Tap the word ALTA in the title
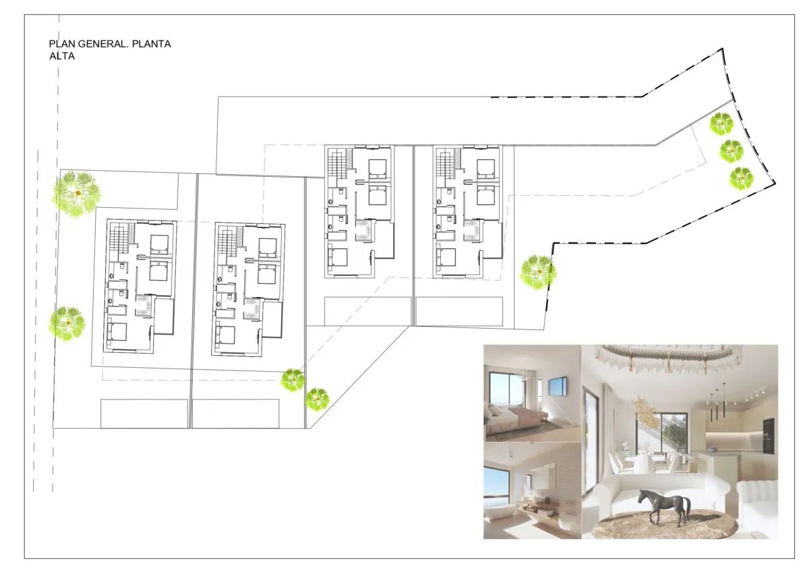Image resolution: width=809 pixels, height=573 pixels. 62,56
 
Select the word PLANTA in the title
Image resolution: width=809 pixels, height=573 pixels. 151,44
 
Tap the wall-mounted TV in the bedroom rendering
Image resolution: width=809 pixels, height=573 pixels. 558,386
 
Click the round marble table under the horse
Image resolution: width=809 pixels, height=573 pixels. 667,524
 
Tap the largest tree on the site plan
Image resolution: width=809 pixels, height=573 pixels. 77,194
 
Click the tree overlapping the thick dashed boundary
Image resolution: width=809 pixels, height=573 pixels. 538,273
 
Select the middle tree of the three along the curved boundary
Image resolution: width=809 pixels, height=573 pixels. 731,151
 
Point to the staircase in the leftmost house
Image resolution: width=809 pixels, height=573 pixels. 119,238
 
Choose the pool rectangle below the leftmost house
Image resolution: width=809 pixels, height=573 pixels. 144,414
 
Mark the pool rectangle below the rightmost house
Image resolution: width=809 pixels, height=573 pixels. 459,311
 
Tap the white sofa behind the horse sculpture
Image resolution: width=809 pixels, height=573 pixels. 659,493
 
